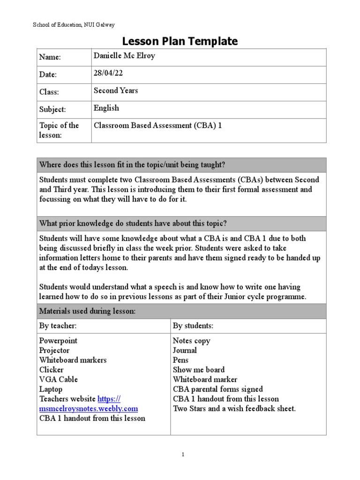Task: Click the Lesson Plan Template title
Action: pyautogui.click(x=180, y=41)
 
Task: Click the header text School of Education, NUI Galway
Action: pyautogui.click(x=74, y=24)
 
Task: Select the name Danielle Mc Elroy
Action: pyautogui.click(x=124, y=56)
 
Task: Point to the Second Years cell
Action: pyautogui.click(x=116, y=90)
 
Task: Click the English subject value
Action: pyautogui.click(x=106, y=108)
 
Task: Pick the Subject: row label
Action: pyautogui.click(x=52, y=109)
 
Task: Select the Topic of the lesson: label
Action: pyautogui.click(x=59, y=130)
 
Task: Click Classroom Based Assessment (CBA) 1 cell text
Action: pyautogui.click(x=158, y=125)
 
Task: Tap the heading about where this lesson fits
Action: pyautogui.click(x=132, y=165)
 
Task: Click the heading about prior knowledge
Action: pyautogui.click(x=133, y=223)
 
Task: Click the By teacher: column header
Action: pyautogui.click(x=58, y=325)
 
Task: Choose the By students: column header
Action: pyautogui.click(x=193, y=325)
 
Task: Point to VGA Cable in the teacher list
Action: pyautogui.click(x=59, y=379)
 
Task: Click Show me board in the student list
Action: pyautogui.click(x=199, y=369)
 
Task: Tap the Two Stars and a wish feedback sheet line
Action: pyautogui.click(x=234, y=408)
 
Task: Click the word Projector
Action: pyautogui.click(x=54, y=350)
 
